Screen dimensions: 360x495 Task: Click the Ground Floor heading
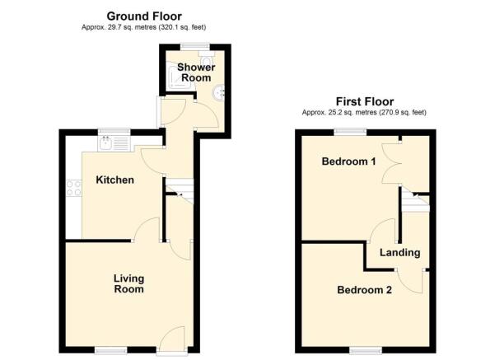143,16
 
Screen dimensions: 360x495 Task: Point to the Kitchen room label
114,180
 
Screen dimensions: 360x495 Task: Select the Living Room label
128,284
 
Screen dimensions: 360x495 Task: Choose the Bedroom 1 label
348,161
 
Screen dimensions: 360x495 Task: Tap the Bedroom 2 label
364,290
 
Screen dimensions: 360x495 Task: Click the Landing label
400,253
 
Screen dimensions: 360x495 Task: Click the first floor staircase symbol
415,202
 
